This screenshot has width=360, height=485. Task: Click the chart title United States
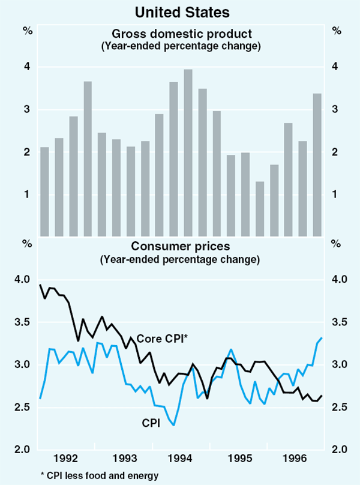pos(179,11)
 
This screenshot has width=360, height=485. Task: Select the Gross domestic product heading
pos(181,33)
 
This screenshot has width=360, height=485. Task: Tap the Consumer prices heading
pos(181,247)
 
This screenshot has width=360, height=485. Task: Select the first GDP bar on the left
pos(44,191)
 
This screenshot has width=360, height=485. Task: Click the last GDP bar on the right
pos(317,164)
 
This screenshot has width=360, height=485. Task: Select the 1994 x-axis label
pos(181,459)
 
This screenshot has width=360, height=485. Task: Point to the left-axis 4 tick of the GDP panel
pos(26,67)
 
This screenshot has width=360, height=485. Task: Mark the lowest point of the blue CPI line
pos(174,425)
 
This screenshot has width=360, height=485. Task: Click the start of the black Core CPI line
pos(40,285)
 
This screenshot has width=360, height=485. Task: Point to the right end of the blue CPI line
pos(322,338)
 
